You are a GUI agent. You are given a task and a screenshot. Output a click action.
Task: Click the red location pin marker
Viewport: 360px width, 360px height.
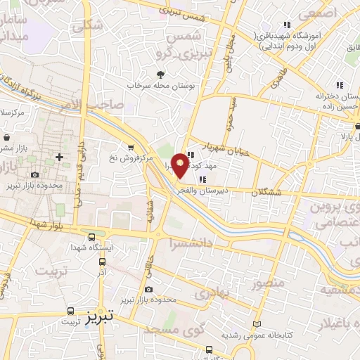tap(181, 164)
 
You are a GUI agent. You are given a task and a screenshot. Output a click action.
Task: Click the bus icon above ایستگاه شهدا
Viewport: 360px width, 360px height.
tap(93, 236)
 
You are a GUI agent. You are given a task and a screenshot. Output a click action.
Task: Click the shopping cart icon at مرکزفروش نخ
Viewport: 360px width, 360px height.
tap(131, 146)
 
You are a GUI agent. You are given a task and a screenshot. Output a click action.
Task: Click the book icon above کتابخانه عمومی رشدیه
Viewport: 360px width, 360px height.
tap(256, 325)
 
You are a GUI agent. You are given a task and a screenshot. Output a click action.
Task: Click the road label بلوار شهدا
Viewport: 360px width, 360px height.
tap(47, 225)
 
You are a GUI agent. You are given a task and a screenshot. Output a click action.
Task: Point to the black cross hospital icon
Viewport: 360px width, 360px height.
tap(59, 157)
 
